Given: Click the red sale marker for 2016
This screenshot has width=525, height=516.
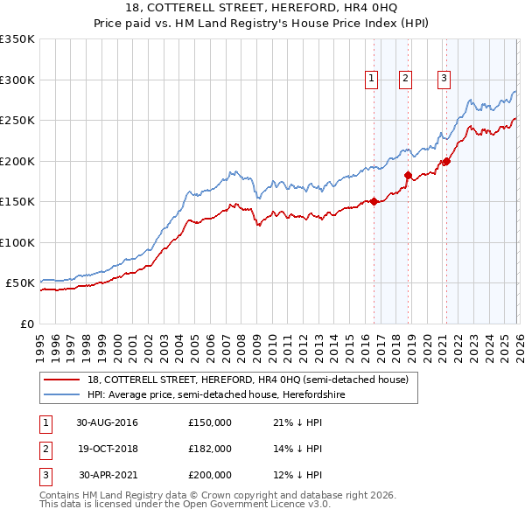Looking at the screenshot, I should click(374, 201).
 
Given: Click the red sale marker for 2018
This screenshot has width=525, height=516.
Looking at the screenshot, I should click(408, 175).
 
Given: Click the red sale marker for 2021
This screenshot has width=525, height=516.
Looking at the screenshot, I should click(446, 161).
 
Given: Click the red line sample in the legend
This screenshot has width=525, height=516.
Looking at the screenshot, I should click(62, 380).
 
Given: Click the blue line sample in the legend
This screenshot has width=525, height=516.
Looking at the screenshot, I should click(62, 394).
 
